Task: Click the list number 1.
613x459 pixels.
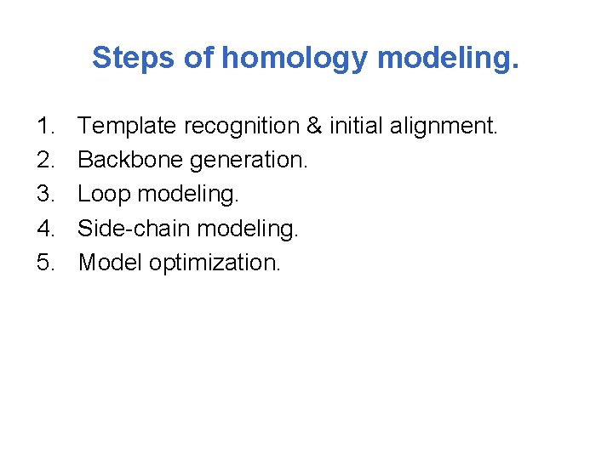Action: click(46, 127)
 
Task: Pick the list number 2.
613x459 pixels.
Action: click(46, 161)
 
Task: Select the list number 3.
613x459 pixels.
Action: click(46, 195)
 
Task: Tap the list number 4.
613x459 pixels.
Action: click(46, 229)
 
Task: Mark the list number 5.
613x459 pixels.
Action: click(46, 263)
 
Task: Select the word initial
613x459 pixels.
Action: click(354, 127)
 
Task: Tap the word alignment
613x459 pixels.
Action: click(443, 127)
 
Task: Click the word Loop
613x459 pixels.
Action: click(104, 195)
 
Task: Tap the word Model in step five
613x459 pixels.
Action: click(110, 263)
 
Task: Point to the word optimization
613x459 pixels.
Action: click(214, 263)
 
